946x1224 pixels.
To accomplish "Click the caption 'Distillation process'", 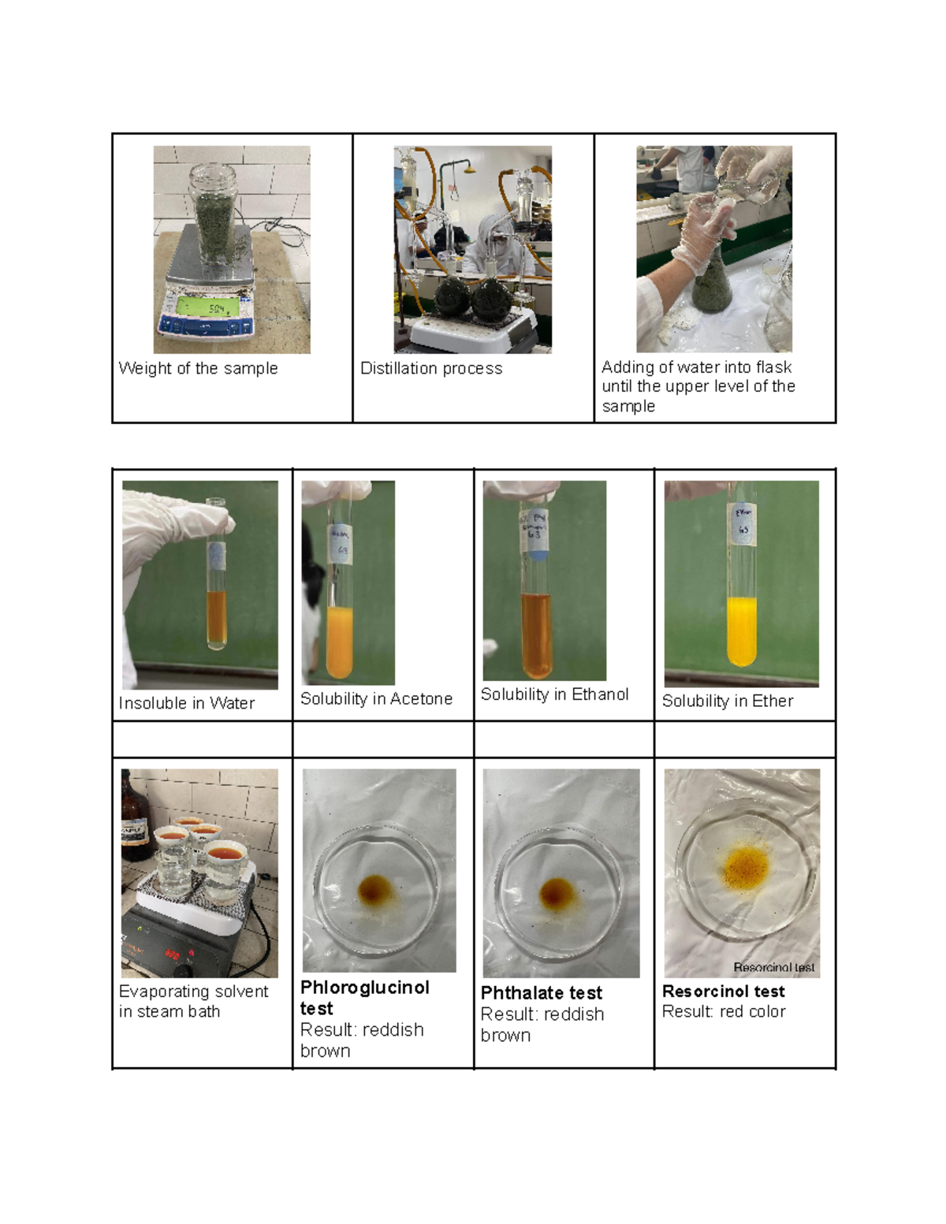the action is click(431, 368).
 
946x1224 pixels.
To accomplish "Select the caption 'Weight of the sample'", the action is click(198, 368).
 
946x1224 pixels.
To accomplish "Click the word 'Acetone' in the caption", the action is click(425, 698).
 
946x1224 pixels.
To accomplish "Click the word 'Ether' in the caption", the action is click(773, 701).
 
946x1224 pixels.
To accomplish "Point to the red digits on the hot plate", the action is click(173, 954).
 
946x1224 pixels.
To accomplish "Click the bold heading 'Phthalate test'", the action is click(541, 993).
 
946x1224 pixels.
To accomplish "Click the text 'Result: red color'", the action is click(724, 1011).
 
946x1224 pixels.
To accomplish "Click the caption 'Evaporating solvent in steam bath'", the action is click(193, 1001).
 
